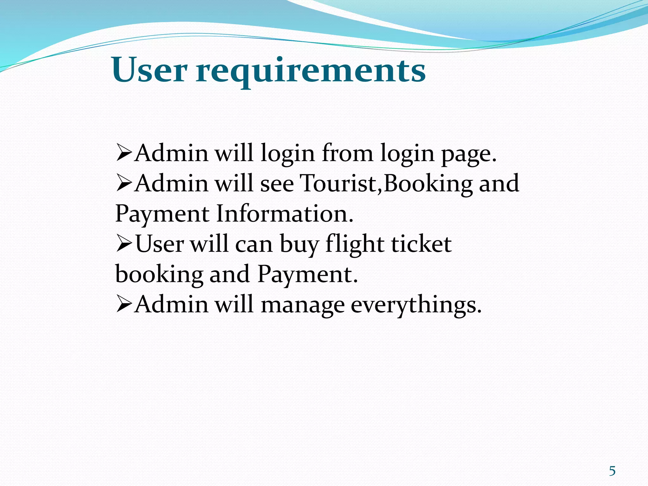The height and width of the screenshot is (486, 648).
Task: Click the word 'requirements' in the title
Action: point(311,72)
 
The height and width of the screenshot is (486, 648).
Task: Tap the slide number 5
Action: point(612,471)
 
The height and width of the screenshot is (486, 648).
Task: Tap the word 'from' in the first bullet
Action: point(347,153)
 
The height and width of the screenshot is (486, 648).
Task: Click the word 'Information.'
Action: point(285,214)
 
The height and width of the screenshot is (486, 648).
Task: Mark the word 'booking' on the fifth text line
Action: point(159,274)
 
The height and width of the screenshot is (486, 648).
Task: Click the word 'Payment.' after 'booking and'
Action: point(308,274)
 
